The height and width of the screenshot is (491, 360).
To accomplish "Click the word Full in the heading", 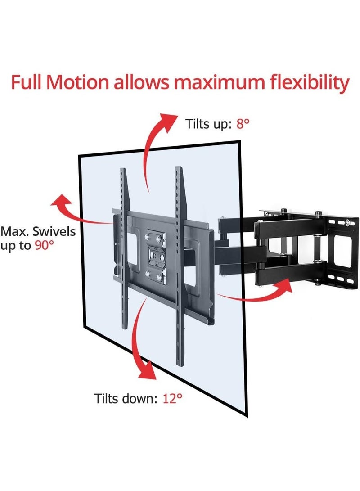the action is (x=27, y=82).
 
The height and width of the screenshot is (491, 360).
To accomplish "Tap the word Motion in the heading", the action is (x=77, y=82).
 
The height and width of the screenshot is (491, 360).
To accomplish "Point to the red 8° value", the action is (x=243, y=124).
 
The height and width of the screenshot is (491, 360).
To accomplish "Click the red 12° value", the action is (x=172, y=399).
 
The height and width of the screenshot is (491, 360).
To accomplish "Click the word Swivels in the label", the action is (x=54, y=231).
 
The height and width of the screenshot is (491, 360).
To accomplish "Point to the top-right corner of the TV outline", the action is (x=240, y=141).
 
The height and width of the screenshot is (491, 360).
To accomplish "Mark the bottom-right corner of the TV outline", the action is (x=247, y=417).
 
